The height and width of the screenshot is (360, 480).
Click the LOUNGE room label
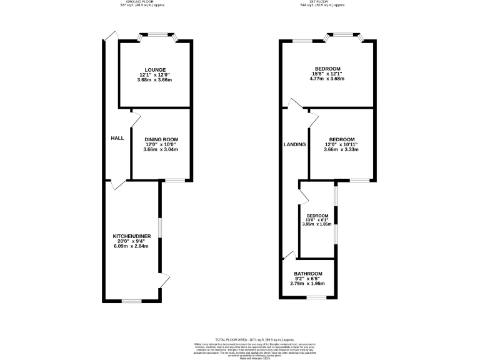pyautogui.click(x=155, y=69)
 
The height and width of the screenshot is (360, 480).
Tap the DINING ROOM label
pyautogui.click(x=161, y=139)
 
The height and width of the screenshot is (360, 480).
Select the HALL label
pyautogui.click(x=117, y=138)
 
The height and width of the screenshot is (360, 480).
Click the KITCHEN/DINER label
pyautogui.click(x=131, y=237)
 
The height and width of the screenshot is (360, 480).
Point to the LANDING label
pyautogui.click(x=294, y=144)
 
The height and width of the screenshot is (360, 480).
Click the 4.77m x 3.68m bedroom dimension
pyautogui.click(x=327, y=79)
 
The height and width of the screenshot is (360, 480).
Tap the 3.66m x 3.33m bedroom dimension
pyautogui.click(x=341, y=149)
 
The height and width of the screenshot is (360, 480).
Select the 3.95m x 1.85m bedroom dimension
pyautogui.click(x=317, y=224)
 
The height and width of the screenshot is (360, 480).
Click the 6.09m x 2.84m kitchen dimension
pyautogui.click(x=131, y=246)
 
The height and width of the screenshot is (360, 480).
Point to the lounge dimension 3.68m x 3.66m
pyautogui.click(x=155, y=80)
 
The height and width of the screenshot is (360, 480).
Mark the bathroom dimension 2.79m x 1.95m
pyautogui.click(x=308, y=284)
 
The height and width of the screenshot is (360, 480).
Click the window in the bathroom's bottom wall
pyautogui.click(x=316, y=297)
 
